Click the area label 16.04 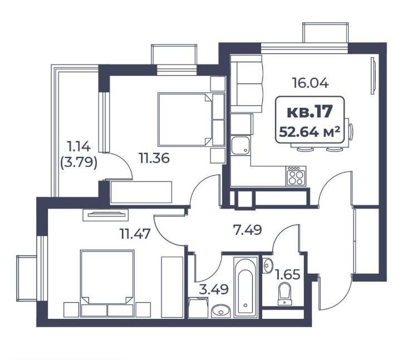click(310, 83)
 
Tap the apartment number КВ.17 click(310, 112)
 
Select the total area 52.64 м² click(310, 132)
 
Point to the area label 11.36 click(154, 158)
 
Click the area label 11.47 click(135, 234)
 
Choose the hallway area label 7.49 click(247, 230)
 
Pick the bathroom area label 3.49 click(214, 289)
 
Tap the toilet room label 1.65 click(288, 274)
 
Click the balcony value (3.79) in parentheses click(79, 163)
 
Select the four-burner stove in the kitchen click(296, 176)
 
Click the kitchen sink click(241, 145)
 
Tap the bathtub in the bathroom click(246, 287)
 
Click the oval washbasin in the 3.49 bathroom click(221, 310)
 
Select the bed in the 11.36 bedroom click(185, 120)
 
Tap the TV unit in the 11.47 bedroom click(105, 215)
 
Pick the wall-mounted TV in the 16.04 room click(373, 76)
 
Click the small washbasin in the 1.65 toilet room click(267, 265)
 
